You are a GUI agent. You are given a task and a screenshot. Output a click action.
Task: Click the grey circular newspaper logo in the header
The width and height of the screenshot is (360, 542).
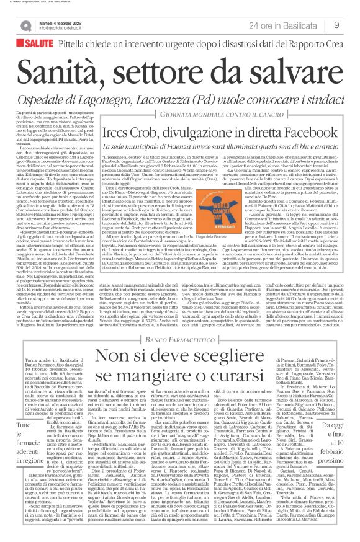26,23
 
